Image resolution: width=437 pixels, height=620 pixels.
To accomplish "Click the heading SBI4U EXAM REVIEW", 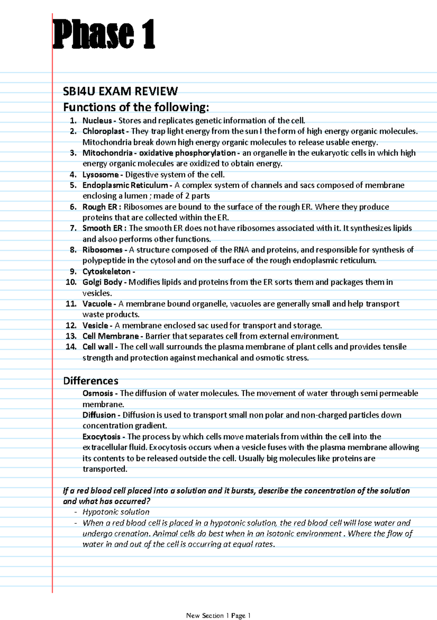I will point(120,91).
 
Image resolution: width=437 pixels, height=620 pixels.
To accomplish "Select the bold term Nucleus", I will point(97,121).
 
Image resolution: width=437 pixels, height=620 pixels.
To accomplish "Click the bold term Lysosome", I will point(101,175).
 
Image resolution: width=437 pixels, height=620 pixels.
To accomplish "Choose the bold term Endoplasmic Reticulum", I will point(125,185).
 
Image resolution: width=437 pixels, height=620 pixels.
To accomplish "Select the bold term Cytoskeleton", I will point(106,272).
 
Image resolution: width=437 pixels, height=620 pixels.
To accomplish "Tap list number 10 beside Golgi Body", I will point(71,282).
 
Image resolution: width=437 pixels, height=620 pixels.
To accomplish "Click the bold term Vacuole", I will point(97,304).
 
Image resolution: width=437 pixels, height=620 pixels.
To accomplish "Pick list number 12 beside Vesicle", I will point(71,325).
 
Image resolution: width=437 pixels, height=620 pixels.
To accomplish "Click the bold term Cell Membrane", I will point(111,336).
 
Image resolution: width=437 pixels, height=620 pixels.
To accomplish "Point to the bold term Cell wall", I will point(98,347).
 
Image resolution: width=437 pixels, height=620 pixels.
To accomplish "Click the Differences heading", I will point(91,381).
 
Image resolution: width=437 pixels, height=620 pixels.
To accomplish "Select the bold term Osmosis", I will point(98,393).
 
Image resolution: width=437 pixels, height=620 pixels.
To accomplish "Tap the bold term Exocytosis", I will point(101,437).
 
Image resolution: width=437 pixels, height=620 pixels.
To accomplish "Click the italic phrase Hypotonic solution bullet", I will point(116,512).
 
